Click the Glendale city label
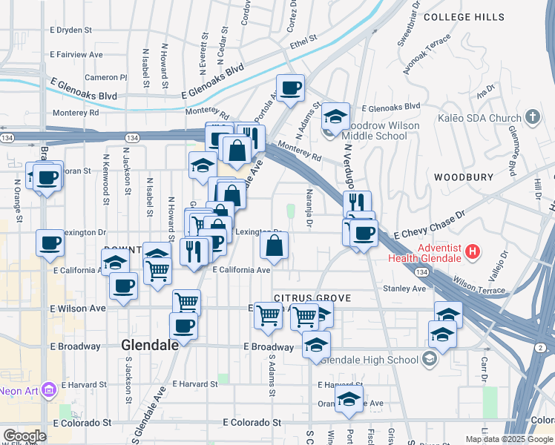click(x=149, y=345)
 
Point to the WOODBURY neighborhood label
click(x=464, y=177)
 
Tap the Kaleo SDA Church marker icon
click(x=532, y=117)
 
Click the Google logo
click(x=24, y=436)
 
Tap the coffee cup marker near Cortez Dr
click(x=291, y=88)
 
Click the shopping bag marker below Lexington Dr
click(x=275, y=245)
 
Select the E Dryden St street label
click(x=70, y=30)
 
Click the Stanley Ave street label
click(x=404, y=288)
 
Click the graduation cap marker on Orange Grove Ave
click(x=349, y=399)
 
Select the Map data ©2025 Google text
click(x=508, y=439)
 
